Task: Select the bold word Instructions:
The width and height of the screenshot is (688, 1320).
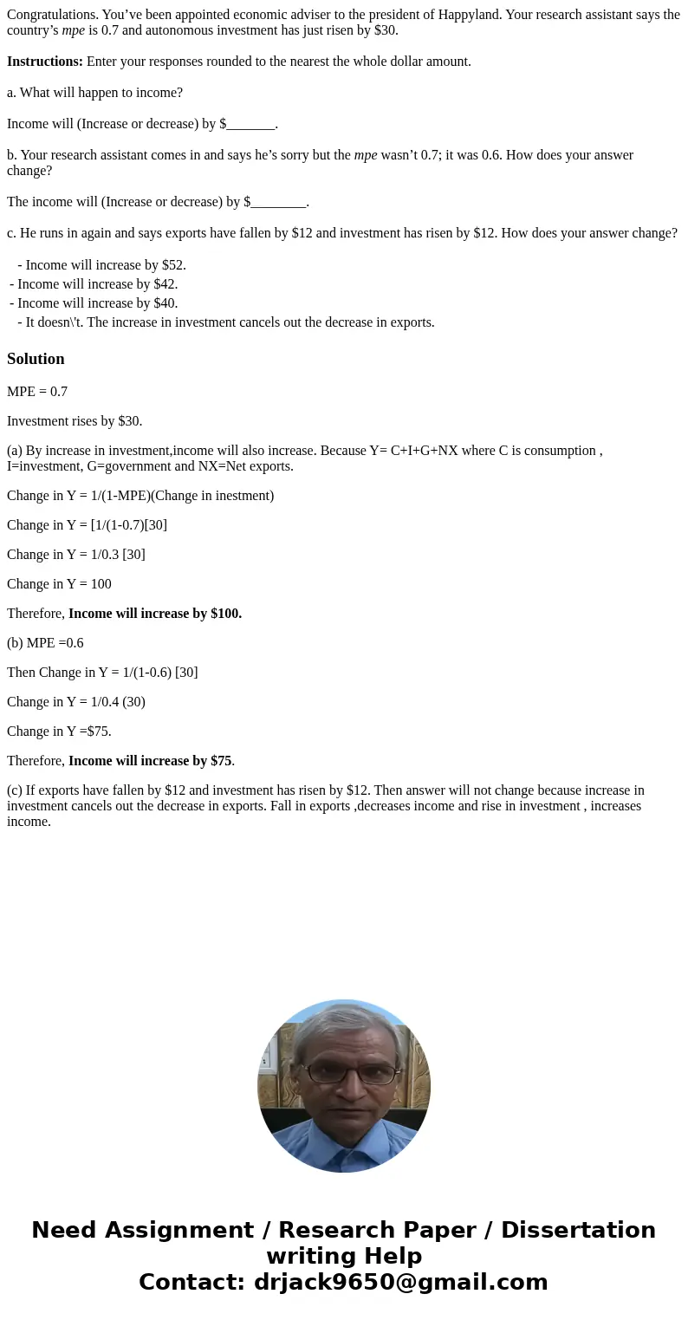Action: point(45,62)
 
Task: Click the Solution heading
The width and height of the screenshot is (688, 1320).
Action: point(36,359)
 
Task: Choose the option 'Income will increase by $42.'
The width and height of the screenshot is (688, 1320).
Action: point(97,284)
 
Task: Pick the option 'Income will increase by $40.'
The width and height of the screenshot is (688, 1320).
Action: point(97,303)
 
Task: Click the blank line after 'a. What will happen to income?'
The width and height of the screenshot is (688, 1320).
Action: point(250,124)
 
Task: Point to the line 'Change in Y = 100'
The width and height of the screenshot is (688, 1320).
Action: point(59,584)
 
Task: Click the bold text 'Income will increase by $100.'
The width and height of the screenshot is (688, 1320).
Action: point(155,614)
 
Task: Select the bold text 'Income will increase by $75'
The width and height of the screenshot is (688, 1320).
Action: point(150,761)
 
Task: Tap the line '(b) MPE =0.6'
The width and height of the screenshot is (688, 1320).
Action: point(45,643)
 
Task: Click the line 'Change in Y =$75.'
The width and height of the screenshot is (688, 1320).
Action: point(59,732)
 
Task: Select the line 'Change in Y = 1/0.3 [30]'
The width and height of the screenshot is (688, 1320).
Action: point(76,555)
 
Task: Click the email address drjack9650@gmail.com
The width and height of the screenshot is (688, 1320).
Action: point(401,1282)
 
